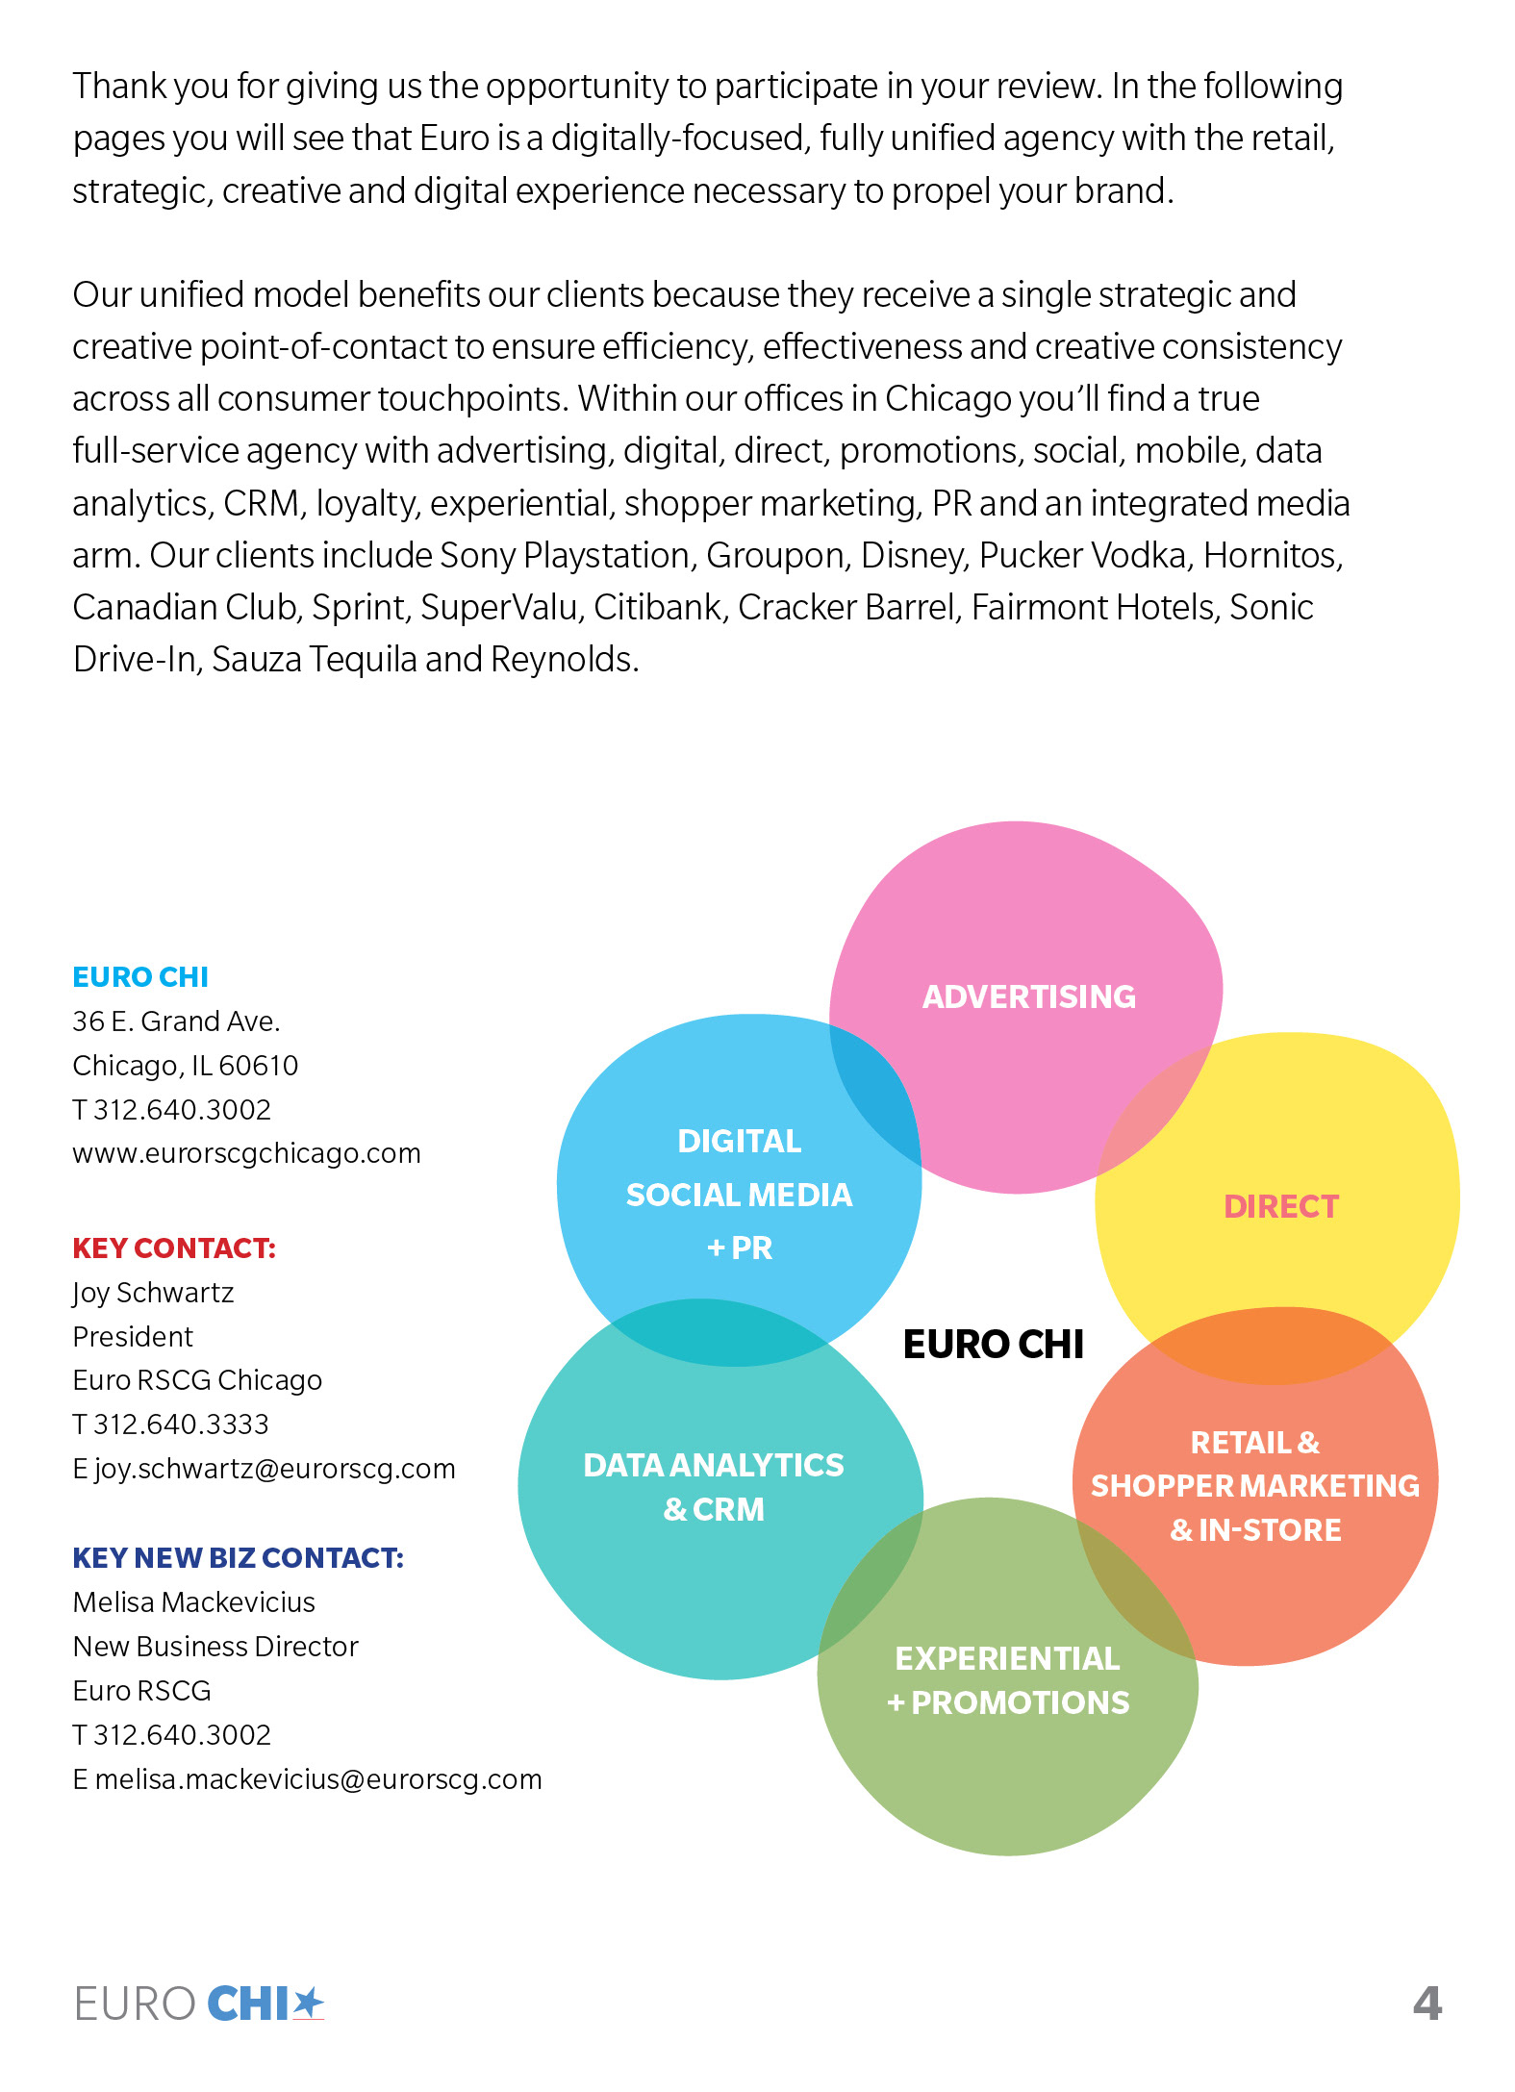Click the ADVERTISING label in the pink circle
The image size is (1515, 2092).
(1028, 996)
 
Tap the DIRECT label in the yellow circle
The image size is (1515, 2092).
(1280, 1206)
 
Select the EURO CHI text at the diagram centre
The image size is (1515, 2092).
(993, 1344)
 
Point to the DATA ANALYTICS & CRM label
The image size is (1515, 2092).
(713, 1486)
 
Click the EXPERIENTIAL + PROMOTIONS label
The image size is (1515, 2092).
(1007, 1680)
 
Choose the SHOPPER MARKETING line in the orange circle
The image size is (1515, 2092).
(1254, 1486)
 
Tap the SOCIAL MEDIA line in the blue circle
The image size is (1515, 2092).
(739, 1195)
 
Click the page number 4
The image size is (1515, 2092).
(1427, 2004)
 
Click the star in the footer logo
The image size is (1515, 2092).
(308, 2003)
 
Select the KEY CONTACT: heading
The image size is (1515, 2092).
(174, 1248)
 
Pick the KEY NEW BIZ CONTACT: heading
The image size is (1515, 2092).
(238, 1557)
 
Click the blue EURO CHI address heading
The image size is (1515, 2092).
(140, 976)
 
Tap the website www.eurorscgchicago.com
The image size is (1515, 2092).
(246, 1152)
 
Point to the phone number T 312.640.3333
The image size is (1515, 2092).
(171, 1424)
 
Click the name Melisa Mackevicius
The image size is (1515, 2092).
(194, 1601)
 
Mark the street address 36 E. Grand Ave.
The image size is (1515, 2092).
(176, 1021)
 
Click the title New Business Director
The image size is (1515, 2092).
(215, 1646)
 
